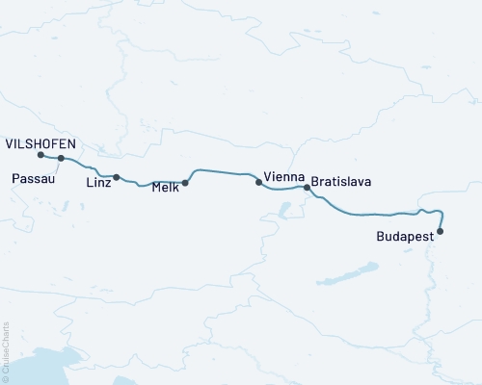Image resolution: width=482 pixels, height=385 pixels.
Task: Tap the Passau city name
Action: (x=33, y=179)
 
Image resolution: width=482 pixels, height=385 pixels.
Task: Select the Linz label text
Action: (x=98, y=181)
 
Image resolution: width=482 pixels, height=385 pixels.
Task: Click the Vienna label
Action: (x=284, y=178)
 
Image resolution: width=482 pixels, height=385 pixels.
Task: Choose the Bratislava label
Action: (x=341, y=181)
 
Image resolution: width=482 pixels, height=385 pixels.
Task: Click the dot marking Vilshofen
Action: (x=40, y=155)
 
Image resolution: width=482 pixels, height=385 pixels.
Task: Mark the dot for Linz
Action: (x=117, y=177)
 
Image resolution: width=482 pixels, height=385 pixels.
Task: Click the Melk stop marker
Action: (x=185, y=182)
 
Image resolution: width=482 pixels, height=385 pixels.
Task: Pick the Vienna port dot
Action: (x=258, y=182)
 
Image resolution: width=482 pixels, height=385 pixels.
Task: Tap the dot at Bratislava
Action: (x=308, y=188)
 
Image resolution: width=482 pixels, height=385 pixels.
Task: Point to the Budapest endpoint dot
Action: (x=441, y=231)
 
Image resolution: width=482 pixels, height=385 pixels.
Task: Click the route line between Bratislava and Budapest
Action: (x=371, y=214)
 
